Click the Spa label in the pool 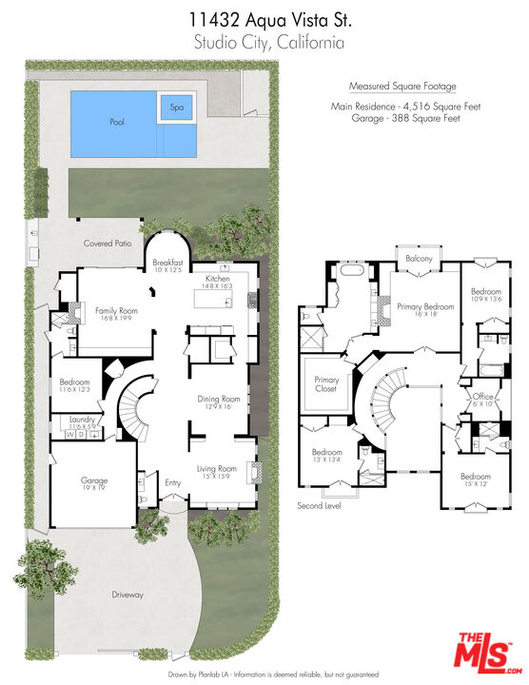(176, 108)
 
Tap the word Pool (116, 122)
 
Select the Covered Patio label (107, 244)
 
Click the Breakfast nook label (167, 263)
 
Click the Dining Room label (218, 399)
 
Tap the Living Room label (217, 468)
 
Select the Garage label (93, 480)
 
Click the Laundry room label (81, 418)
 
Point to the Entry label (172, 483)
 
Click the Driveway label (127, 595)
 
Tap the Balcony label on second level (419, 259)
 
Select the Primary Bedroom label (423, 306)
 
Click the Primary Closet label (326, 384)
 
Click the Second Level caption (319, 505)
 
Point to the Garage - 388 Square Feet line (404, 117)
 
